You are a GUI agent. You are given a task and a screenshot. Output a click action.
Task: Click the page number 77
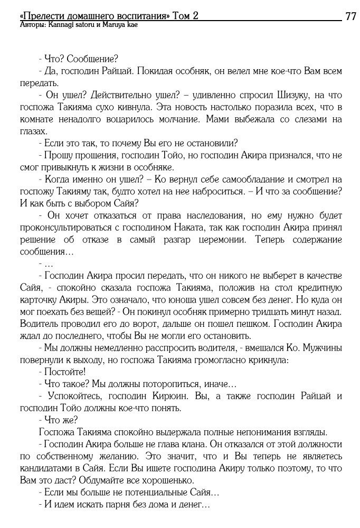(x=350, y=16)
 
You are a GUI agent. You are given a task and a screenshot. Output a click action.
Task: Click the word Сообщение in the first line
(x=89, y=58)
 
